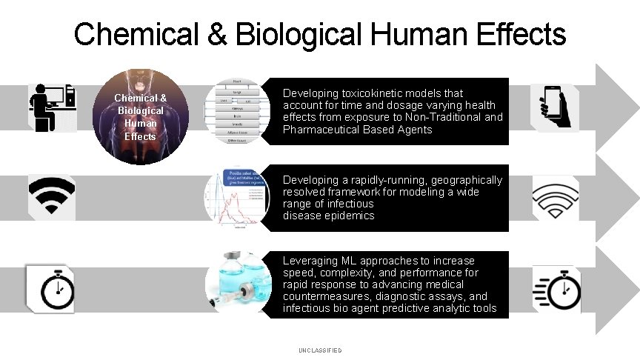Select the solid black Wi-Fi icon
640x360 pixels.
[51, 197]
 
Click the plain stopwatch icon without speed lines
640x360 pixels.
[51, 287]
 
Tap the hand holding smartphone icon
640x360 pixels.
[555, 107]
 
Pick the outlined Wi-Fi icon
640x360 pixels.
[556, 199]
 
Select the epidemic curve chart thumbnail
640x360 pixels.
[237, 199]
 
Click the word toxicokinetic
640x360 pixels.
[377, 93]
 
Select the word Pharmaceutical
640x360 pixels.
[321, 129]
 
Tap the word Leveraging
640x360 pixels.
[310, 261]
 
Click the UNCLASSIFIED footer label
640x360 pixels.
[320, 350]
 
